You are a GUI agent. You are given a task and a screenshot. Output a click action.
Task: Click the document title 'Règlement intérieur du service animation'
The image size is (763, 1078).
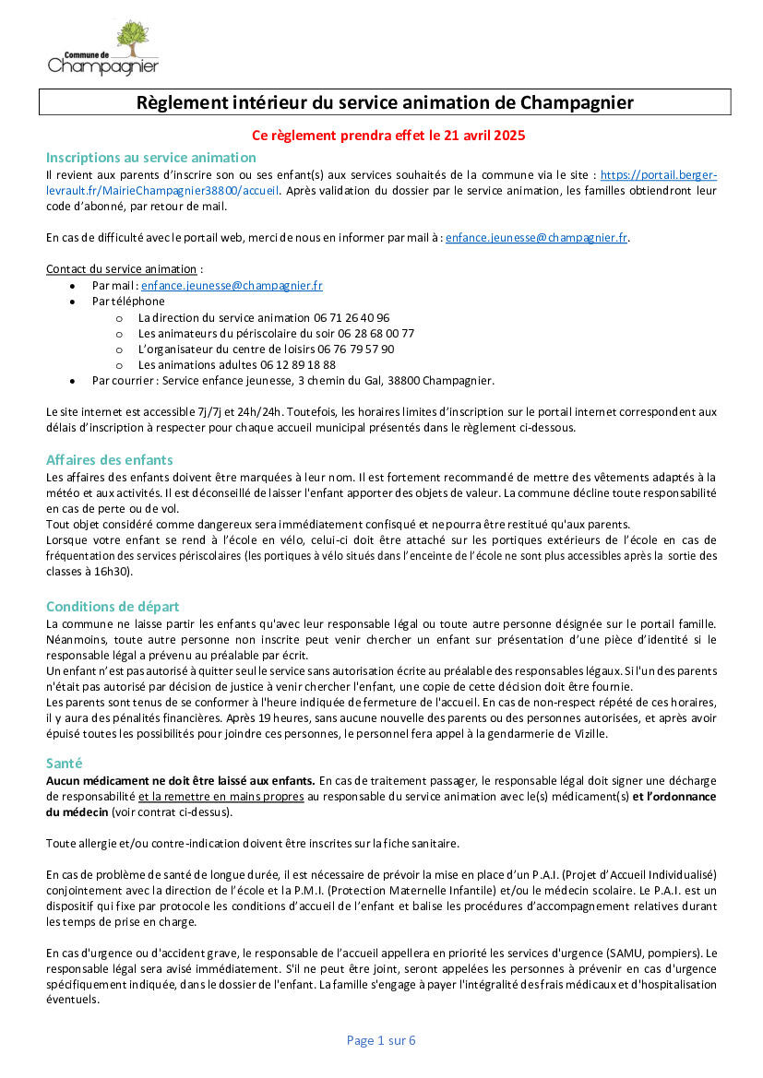[385, 101]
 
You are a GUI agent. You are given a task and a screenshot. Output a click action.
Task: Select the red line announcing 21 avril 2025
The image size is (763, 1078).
[388, 136]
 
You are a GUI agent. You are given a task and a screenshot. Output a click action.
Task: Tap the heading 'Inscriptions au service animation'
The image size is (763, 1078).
[151, 158]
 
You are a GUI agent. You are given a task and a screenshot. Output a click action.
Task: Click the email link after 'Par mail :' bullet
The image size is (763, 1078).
[232, 286]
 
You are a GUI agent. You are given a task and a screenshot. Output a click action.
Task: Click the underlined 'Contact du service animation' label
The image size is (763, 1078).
[121, 269]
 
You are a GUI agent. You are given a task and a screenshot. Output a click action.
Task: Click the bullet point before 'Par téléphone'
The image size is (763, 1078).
[73, 302]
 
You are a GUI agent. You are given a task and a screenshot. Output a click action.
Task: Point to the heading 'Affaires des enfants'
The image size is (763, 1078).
[110, 460]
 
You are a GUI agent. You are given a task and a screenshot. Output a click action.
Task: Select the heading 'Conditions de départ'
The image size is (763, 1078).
[113, 607]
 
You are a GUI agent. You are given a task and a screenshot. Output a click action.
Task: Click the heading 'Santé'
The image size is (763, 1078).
[65, 764]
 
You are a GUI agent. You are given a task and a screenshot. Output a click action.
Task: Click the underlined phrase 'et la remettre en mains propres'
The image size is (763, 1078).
[221, 796]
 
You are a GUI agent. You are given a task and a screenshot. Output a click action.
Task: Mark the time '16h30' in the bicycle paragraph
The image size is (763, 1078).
[116, 572]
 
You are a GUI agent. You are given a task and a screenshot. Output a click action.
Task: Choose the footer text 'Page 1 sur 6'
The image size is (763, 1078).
[381, 1040]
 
